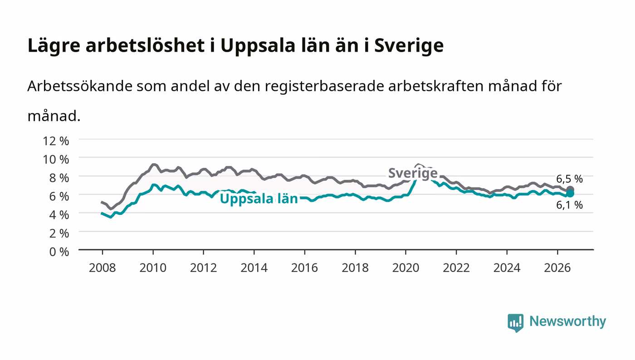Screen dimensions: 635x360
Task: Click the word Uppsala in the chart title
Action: point(258,46)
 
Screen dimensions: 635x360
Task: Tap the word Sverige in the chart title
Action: point(409,46)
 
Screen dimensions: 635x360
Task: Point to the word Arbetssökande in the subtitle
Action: point(80,86)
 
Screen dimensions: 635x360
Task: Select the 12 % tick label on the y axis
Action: point(56,141)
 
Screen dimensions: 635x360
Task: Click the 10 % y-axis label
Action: point(56,159)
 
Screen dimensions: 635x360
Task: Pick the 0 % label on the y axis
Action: point(59,252)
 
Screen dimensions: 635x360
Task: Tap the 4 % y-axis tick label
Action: point(59,215)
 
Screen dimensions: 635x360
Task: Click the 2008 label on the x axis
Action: point(103,268)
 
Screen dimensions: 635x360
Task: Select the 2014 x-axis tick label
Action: point(254,268)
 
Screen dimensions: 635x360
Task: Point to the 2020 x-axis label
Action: point(405,268)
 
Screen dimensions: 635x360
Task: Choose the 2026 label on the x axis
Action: point(557,268)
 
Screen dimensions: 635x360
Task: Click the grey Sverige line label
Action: point(413,173)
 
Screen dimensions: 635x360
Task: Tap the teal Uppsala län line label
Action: point(259,199)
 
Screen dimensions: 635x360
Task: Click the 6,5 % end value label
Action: point(569,179)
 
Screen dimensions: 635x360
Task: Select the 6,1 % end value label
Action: point(569,205)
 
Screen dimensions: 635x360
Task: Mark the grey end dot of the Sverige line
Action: point(570,190)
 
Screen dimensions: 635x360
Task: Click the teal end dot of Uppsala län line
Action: point(570,194)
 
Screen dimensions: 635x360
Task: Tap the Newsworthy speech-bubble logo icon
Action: point(515,323)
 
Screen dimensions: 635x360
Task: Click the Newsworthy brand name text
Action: point(568,321)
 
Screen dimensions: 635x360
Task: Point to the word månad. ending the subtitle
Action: point(54,116)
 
